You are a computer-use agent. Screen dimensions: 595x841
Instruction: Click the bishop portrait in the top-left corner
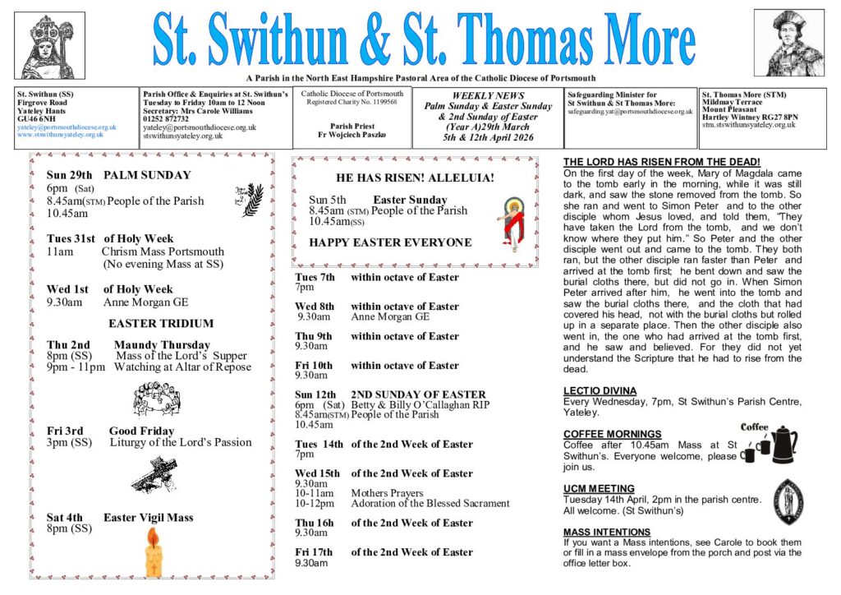[49, 44]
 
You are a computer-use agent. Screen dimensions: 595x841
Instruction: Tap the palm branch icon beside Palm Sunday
[251, 199]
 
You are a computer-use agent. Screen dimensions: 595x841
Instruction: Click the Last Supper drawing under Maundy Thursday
[157, 398]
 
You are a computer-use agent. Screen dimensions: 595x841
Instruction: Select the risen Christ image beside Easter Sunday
[512, 219]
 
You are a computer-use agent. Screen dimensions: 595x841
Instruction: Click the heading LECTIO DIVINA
[600, 390]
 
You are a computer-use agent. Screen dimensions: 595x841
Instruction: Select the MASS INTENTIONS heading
[607, 532]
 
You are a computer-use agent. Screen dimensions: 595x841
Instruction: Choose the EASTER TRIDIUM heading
[161, 323]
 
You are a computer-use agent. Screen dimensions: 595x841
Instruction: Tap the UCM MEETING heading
[599, 488]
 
